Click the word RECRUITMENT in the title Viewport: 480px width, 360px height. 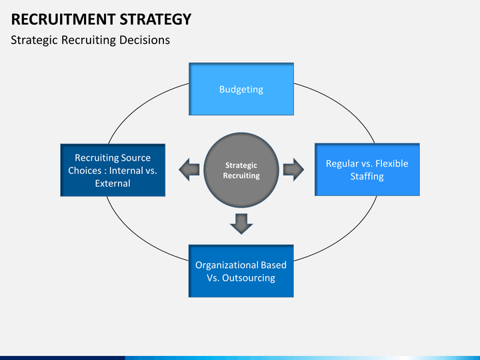pos(63,19)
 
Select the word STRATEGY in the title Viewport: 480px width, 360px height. pos(155,19)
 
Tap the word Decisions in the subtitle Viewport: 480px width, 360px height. pos(145,40)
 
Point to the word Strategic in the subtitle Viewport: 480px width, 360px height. pos(34,41)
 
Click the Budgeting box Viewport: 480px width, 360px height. pos(241,89)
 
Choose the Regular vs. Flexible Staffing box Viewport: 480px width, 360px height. pos(367,169)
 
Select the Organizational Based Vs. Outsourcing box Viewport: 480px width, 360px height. pos(241,271)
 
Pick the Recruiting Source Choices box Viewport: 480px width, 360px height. pos(113,170)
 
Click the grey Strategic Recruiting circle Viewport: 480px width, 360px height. pos(241,170)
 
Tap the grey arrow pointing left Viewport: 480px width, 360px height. pos(189,169)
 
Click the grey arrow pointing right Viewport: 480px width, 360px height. pos(293,169)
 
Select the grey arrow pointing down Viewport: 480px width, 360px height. pos(241,224)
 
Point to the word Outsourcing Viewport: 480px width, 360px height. pos(249,278)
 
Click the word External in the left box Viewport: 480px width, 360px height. pos(113,183)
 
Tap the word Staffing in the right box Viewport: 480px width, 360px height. pos(367,176)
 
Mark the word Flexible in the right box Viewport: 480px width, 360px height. pos(392,163)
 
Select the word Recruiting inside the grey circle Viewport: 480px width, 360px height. pos(241,176)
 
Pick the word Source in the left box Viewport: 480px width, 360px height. pos(136,157)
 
